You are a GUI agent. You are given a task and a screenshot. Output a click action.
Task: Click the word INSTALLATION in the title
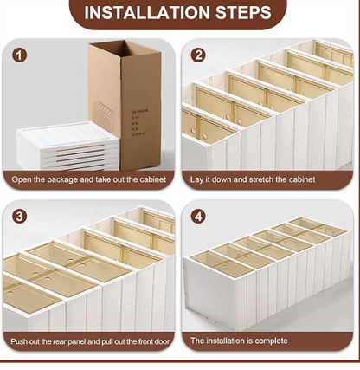147,12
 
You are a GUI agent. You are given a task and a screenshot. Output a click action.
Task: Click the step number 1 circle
19,55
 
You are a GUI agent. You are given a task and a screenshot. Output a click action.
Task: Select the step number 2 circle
198,55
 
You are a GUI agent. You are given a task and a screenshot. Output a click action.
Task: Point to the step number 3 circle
19,217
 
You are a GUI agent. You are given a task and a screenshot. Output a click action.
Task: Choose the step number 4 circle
198,217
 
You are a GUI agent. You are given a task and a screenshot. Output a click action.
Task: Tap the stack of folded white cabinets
67,146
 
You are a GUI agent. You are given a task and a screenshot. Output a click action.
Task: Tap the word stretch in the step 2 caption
260,179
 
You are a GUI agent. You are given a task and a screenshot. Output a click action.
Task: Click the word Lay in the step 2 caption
196,179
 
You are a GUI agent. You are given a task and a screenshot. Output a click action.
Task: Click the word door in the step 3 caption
162,341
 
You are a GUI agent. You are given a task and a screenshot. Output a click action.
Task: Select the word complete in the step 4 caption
271,341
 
